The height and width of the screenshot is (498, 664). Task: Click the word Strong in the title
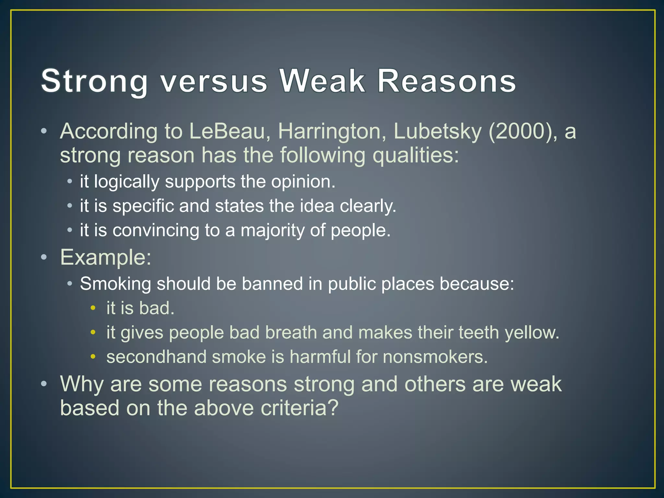point(94,81)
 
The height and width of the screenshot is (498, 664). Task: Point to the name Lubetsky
point(437,132)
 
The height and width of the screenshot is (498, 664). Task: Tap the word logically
point(126,182)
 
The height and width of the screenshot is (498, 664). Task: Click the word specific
point(143,206)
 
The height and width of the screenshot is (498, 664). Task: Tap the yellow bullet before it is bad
point(93,308)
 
